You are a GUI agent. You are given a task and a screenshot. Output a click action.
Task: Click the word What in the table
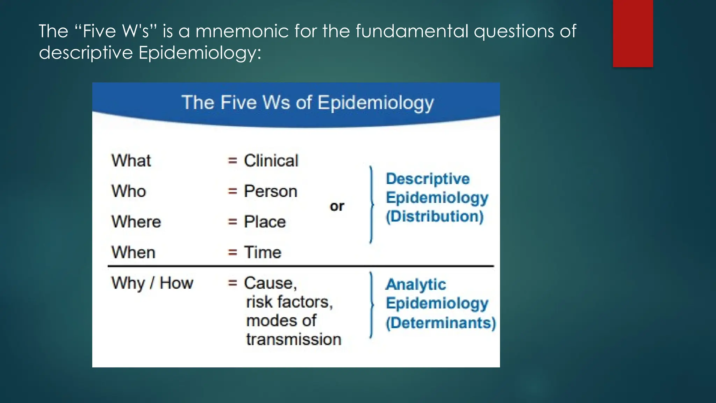click(x=131, y=161)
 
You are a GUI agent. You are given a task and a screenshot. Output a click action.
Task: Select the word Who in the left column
click(x=129, y=191)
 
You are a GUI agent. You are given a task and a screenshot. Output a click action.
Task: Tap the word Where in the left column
click(x=136, y=222)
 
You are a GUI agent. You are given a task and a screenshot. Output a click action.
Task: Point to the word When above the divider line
click(x=133, y=252)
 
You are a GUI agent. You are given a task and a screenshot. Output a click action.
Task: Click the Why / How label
click(x=152, y=283)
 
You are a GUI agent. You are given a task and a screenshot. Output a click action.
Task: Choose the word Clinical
click(x=271, y=161)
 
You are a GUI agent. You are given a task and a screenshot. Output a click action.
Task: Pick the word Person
click(x=271, y=191)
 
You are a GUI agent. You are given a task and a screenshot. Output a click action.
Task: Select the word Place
click(x=265, y=222)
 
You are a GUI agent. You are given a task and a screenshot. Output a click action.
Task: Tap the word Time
click(x=263, y=252)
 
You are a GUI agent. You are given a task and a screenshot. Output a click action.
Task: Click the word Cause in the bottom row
click(x=270, y=283)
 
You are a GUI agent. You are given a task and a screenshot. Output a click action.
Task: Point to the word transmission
click(x=294, y=339)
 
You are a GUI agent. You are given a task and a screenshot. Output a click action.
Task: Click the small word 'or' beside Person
click(x=337, y=206)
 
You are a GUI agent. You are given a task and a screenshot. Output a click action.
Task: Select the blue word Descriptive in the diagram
click(x=428, y=179)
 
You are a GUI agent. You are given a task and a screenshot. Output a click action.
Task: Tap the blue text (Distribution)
click(x=435, y=216)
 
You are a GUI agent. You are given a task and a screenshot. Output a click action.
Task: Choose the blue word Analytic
click(x=416, y=284)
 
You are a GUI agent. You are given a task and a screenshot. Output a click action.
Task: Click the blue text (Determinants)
click(x=441, y=323)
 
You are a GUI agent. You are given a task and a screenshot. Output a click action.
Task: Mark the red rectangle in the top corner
click(x=633, y=33)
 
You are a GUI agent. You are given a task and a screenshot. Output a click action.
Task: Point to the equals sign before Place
click(x=232, y=222)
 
